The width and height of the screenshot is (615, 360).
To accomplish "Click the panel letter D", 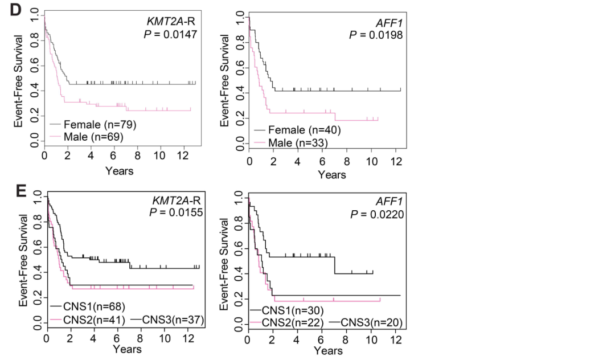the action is pyautogui.click(x=16, y=10).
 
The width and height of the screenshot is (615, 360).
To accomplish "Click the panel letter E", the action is pyautogui.click(x=21, y=191).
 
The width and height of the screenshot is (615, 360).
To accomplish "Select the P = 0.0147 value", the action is pyautogui.click(x=170, y=34).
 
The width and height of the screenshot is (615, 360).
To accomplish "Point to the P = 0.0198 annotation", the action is pyautogui.click(x=376, y=35).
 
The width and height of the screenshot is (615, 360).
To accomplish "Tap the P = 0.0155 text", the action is pyautogui.click(x=176, y=212).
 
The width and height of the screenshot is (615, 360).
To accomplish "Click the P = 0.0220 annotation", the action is pyautogui.click(x=377, y=215).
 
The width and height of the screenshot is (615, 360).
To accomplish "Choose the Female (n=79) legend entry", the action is pyautogui.click(x=93, y=125).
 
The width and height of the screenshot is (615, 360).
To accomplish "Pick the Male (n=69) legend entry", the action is pyautogui.click(x=87, y=137).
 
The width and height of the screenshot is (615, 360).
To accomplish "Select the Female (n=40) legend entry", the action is pyautogui.click(x=298, y=130).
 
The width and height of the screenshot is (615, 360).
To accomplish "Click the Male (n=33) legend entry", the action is pyautogui.click(x=291, y=143).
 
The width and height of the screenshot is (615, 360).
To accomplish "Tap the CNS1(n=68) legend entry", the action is pyautogui.click(x=88, y=306).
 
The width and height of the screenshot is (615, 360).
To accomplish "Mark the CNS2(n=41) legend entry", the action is pyautogui.click(x=88, y=320).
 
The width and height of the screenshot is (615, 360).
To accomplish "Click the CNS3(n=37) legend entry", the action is pyautogui.click(x=167, y=320).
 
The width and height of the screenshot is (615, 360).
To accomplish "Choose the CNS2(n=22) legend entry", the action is pyautogui.click(x=286, y=323).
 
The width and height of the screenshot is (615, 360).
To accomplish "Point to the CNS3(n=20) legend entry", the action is pyautogui.click(x=366, y=323).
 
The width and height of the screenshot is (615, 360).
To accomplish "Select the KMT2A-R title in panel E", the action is pyautogui.click(x=177, y=201).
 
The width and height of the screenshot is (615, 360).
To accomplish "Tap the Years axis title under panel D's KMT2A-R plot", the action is pyautogui.click(x=119, y=171).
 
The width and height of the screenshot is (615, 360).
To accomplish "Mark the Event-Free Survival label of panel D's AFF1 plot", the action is pyautogui.click(x=224, y=80).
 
